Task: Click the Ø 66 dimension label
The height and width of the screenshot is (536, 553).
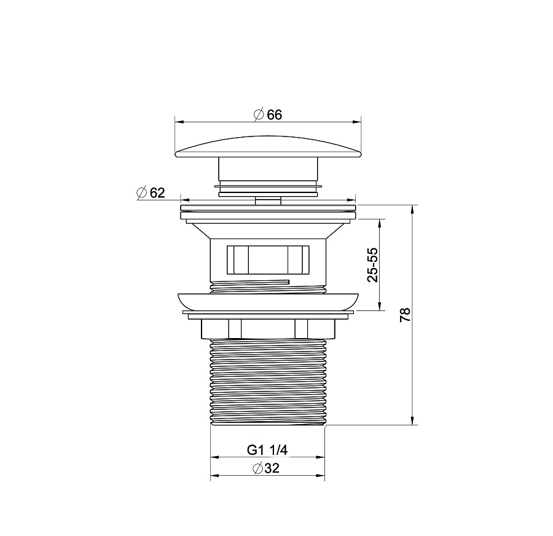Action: pos(268,115)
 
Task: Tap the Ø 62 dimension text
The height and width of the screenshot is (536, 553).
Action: pos(151,192)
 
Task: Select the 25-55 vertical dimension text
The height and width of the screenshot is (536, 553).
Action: pos(372,265)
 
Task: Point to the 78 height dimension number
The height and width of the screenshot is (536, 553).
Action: pos(406,315)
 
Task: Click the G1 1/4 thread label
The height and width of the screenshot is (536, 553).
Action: pos(267,450)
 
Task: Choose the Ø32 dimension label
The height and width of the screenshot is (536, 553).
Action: pos(266,468)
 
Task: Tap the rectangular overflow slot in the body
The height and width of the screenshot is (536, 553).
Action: pos(268,259)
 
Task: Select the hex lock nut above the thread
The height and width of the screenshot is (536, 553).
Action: pos(268,329)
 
